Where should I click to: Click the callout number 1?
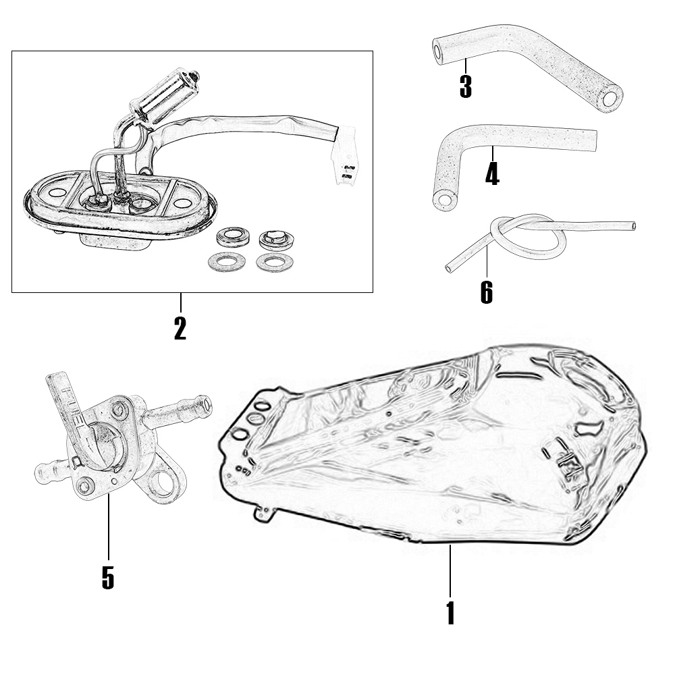coord(450,612)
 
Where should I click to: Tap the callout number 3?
coord(465,86)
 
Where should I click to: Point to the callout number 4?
coord(492,174)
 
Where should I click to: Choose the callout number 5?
coord(108,577)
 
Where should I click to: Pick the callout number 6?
coord(486,292)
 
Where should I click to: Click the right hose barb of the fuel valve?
coord(190,409)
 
